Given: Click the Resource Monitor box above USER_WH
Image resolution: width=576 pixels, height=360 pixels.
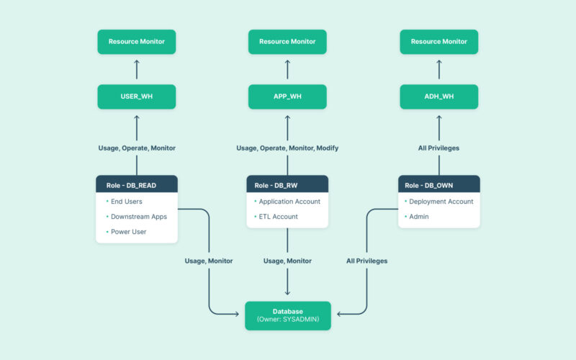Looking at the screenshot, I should point(137,42).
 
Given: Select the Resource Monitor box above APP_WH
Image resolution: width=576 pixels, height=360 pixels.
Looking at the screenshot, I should point(287,42).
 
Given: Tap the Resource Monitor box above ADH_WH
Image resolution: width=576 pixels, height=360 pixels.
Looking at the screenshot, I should point(438,42).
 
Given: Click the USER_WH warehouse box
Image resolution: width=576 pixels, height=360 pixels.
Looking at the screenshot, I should point(137,96).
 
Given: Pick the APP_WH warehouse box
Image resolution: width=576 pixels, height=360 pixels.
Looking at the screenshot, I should point(287,96).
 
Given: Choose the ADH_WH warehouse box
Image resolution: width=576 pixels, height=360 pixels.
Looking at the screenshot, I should point(438,96).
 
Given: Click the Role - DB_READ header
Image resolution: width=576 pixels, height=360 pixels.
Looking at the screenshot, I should point(137,185).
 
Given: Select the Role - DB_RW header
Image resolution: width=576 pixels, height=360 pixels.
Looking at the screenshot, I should point(287,185).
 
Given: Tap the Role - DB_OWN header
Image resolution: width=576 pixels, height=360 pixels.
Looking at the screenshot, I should point(438,185).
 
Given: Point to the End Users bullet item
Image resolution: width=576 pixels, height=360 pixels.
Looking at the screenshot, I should point(126,202).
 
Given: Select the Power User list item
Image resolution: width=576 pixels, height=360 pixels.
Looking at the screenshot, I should point(128,232).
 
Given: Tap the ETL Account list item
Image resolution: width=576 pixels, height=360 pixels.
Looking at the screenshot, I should point(278,217).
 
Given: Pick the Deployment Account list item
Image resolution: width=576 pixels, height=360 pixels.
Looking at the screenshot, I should point(441,202).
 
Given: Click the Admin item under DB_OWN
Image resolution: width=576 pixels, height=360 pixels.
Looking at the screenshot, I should point(418,217).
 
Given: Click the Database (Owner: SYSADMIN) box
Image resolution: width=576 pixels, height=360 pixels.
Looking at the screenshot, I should point(287,315).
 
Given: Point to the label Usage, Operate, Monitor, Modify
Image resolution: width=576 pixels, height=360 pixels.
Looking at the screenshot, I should point(287,148).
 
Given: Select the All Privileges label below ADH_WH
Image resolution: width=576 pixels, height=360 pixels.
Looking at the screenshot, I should point(438,148).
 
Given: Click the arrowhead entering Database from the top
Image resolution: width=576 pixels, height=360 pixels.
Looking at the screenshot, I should point(287,292).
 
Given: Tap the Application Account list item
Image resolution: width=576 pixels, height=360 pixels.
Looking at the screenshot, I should point(289,202).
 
